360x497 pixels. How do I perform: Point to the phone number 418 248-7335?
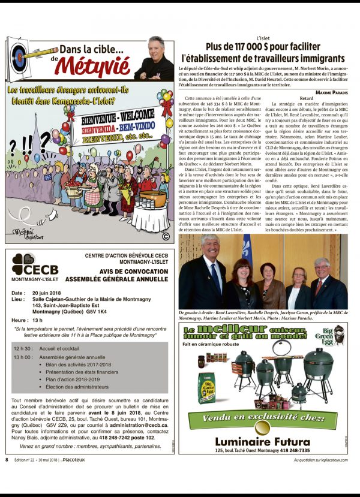pos(292,450)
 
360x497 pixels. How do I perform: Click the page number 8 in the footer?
pos(7,460)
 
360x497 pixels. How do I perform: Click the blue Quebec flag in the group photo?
pos(247,259)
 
